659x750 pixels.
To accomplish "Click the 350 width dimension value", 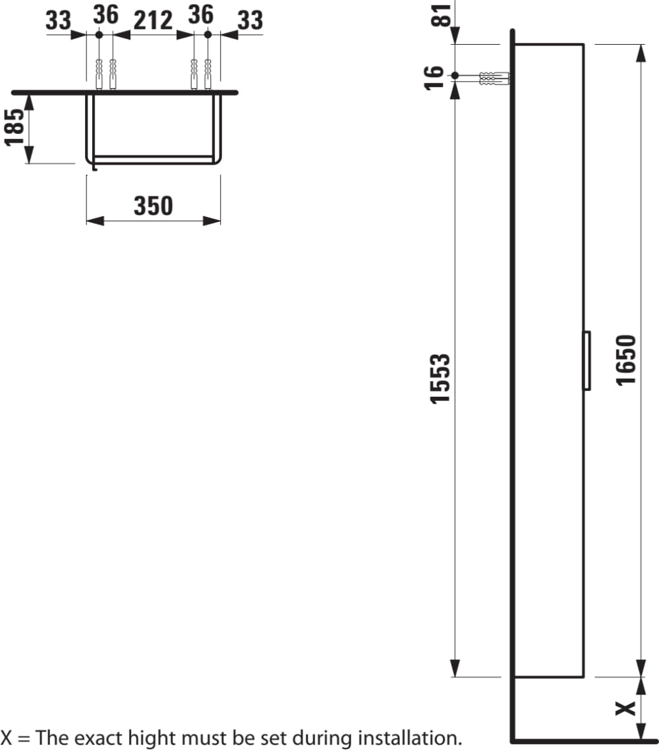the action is (153, 206).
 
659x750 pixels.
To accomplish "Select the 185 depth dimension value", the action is (14, 127).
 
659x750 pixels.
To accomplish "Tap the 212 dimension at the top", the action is (153, 20).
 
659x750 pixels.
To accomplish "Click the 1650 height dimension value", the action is (626, 361).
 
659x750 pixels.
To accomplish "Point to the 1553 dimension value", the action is (440, 379).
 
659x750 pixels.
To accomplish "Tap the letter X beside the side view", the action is (625, 708).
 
